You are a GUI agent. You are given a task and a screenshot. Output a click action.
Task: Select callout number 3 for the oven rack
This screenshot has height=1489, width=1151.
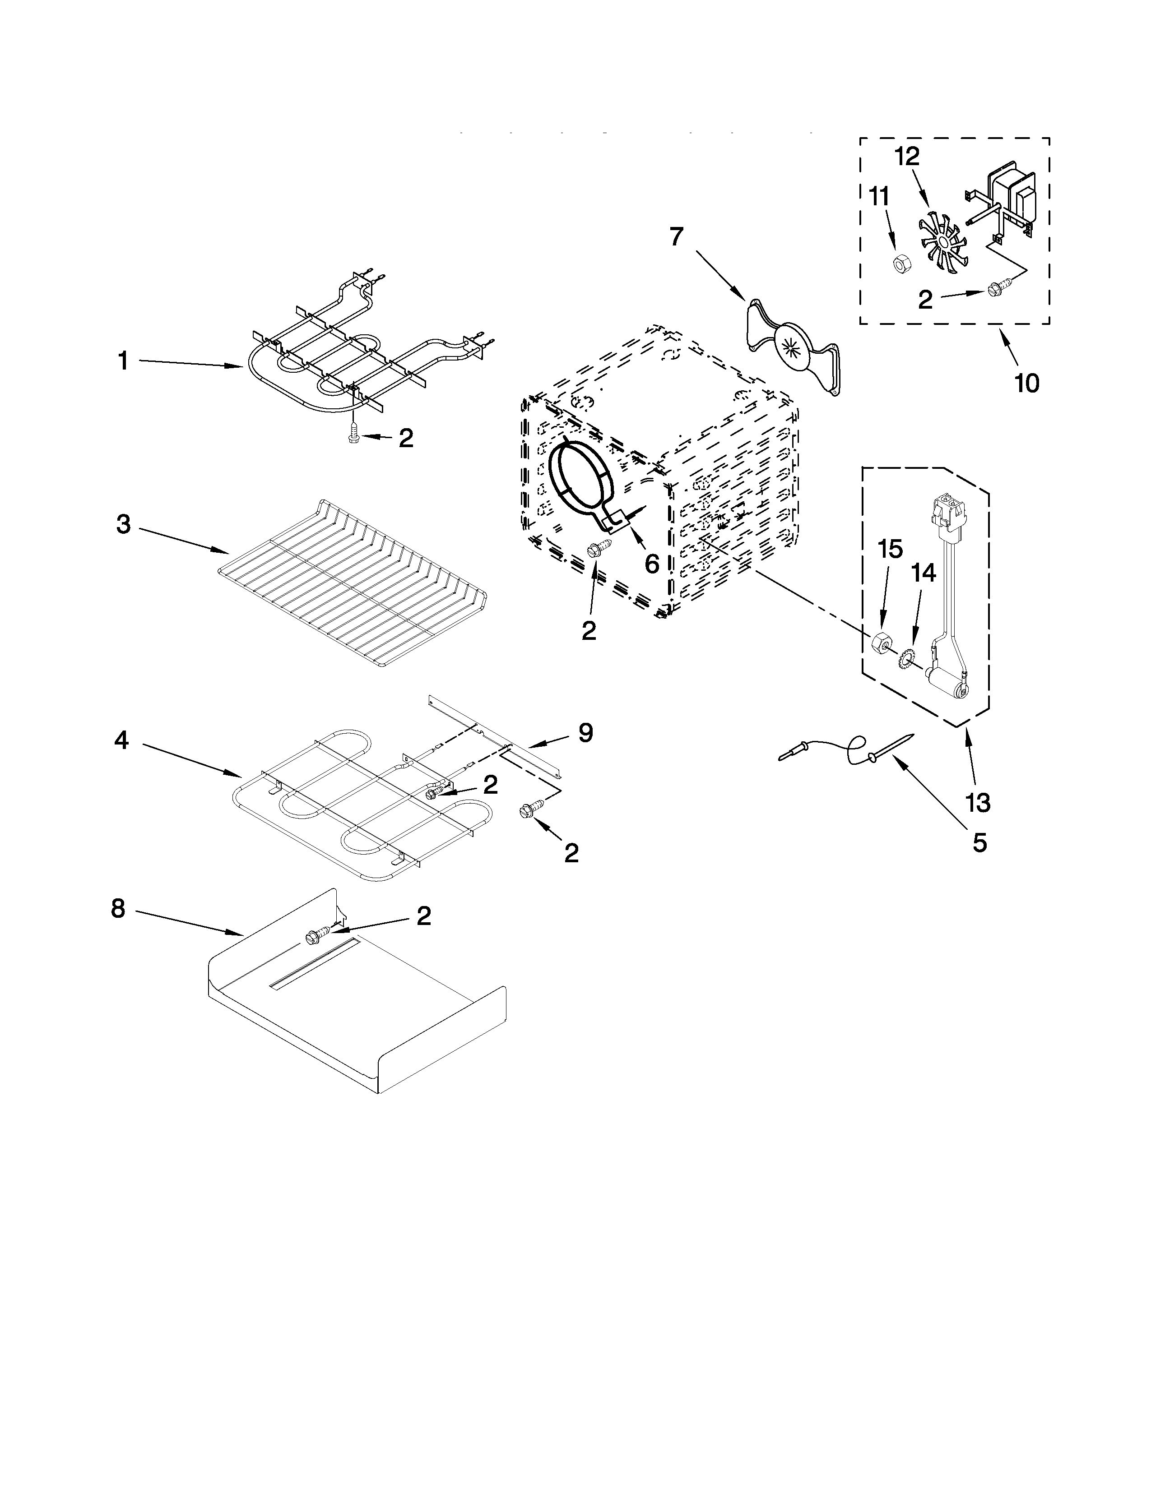(x=123, y=524)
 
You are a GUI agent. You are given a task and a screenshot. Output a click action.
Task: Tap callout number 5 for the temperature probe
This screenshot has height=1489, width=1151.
(x=979, y=843)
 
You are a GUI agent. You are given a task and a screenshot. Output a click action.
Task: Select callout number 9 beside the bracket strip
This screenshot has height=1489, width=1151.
(x=585, y=733)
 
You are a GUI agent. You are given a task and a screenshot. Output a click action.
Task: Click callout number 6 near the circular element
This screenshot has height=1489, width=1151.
(x=652, y=563)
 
